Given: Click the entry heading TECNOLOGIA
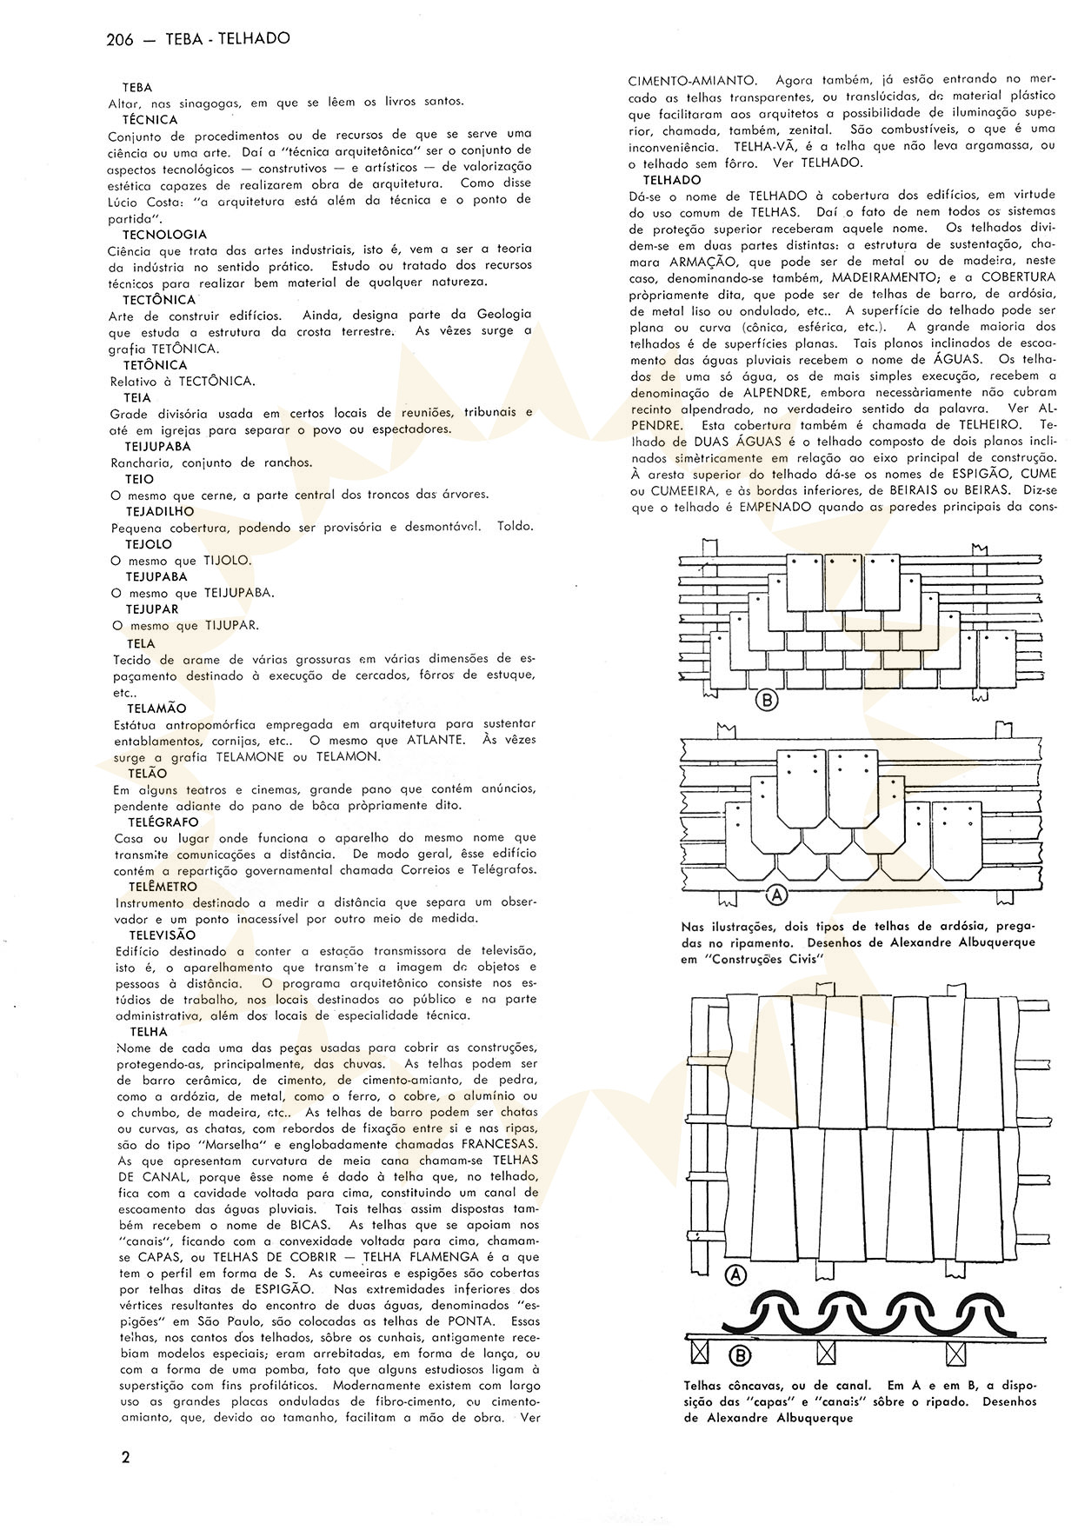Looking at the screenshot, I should point(164,234).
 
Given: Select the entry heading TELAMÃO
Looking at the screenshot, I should point(156,708).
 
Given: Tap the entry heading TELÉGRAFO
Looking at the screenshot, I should point(163,822).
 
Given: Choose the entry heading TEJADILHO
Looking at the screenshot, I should point(159,511).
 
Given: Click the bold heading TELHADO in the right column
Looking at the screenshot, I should point(672,180).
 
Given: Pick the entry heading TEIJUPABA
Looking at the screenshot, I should point(157,447).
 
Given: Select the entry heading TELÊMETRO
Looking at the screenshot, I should point(162,887).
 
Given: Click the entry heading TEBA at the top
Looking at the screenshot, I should point(137,88).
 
